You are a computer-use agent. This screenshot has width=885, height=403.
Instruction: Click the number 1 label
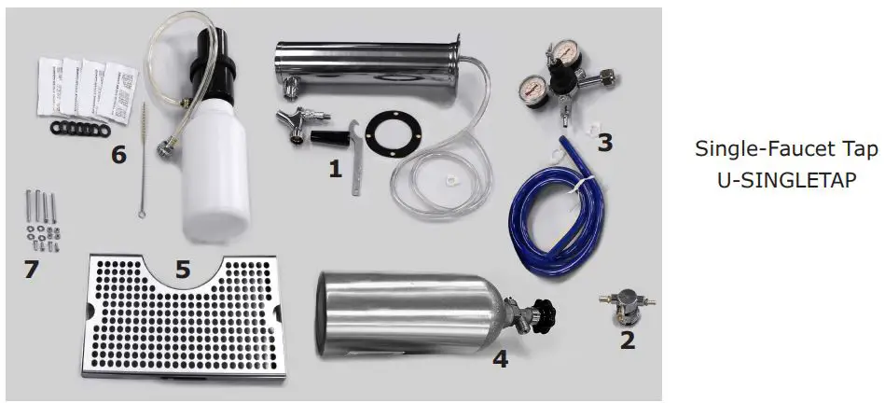[x=335, y=169]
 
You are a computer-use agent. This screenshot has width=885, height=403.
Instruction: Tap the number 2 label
[x=627, y=340]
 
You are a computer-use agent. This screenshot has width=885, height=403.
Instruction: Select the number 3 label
[x=605, y=143]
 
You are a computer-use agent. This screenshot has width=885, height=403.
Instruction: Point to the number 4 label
[x=501, y=357]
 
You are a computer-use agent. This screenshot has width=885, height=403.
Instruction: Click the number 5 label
[x=183, y=271]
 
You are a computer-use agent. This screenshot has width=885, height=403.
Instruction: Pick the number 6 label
[x=118, y=154]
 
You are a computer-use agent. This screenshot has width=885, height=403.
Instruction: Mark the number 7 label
[x=34, y=271]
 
